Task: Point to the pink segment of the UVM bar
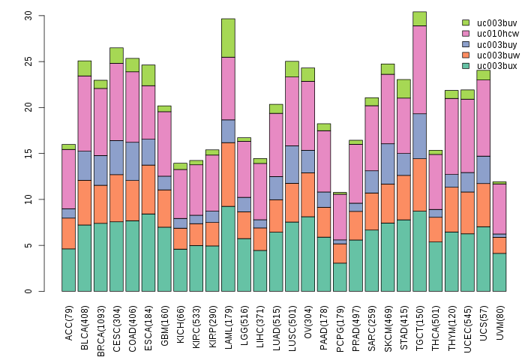[x=499, y=208]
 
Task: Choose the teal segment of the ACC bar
[x=68, y=270]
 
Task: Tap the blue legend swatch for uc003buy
[x=466, y=44]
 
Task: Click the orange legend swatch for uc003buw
[x=466, y=55]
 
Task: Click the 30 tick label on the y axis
[x=28, y=15]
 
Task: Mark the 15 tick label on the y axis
[x=28, y=153]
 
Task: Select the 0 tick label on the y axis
[x=28, y=291]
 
